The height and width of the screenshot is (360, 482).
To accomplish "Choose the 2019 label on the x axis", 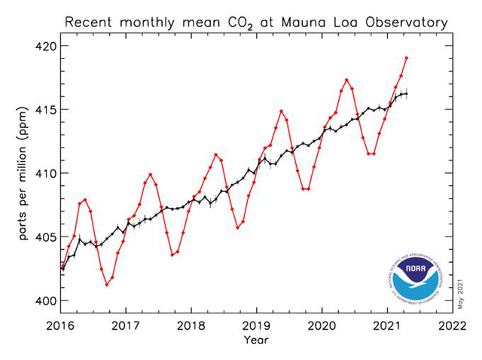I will tap(256, 325).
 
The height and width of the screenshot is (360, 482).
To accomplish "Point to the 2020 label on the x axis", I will tap(322, 325).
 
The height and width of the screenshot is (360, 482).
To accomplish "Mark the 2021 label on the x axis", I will tap(388, 325).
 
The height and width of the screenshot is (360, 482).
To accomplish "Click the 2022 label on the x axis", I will tap(453, 325).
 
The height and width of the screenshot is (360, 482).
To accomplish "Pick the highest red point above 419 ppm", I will tap(407, 58).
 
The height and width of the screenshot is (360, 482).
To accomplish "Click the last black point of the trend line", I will tap(407, 93).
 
